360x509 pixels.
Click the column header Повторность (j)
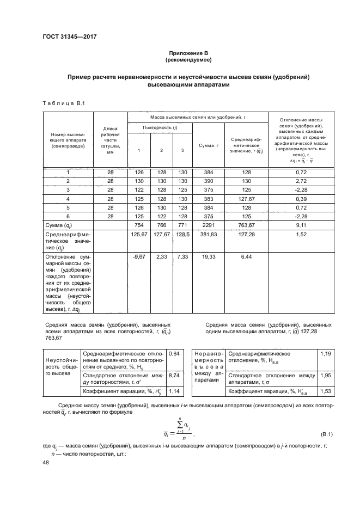click(x=160, y=127)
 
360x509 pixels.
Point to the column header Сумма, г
click(x=208, y=146)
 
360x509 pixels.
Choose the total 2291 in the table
click(x=208, y=225)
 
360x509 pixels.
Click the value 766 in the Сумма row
click(x=161, y=225)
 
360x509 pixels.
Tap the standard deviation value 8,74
click(x=174, y=376)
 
